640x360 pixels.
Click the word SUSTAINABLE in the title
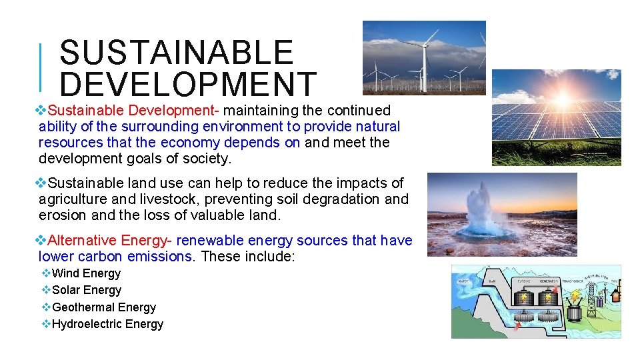pos(176,53)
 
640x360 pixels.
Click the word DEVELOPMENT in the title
pos(188,85)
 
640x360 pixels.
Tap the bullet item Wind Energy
pos(86,273)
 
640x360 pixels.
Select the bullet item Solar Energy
pos(87,290)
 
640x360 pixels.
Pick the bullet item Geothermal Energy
pos(103,307)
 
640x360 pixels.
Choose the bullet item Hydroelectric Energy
pos(107,324)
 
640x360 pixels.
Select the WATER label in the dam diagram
pos(463,281)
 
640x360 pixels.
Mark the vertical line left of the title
pos(41,67)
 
